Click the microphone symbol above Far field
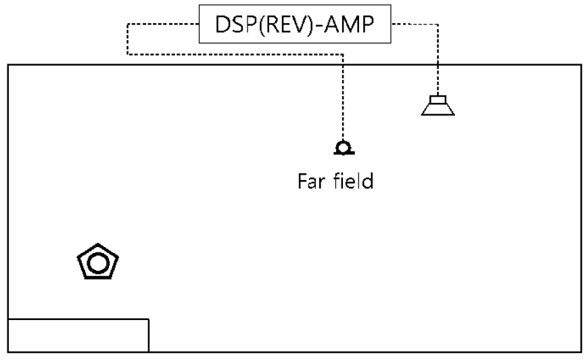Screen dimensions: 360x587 [x=343, y=148]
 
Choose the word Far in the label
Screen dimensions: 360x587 [x=312, y=181]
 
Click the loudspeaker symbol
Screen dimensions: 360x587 [x=438, y=106]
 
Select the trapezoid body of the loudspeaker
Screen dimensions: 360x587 [x=438, y=109]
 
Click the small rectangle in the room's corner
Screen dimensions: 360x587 [x=78, y=334]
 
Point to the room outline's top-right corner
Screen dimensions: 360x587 [x=580, y=65]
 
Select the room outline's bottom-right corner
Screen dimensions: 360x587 [x=580, y=352]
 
